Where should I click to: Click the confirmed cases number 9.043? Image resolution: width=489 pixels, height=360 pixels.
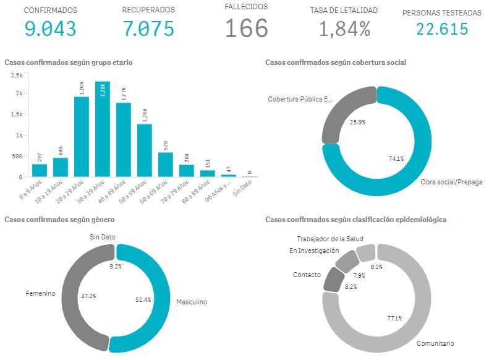pos(51,28)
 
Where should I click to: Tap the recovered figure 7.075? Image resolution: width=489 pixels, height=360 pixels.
pos(148,28)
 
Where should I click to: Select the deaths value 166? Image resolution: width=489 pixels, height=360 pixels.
pos(246,28)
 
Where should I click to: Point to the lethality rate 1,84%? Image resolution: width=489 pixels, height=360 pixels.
pos(344,28)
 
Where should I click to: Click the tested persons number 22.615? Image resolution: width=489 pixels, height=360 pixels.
pos(441,28)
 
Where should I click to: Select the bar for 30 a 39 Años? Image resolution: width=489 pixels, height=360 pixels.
pos(103,130)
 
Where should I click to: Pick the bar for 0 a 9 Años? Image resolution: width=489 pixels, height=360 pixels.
pos(40,170)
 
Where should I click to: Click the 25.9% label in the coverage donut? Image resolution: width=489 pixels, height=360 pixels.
pos(357,122)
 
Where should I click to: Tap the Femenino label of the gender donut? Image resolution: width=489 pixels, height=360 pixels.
pos(40,293)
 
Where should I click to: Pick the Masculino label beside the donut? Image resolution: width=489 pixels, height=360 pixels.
pos(192,302)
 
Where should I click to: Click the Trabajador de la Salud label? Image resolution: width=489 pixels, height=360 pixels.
pos(330,239)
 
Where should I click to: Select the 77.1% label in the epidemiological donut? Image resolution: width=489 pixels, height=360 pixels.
pos(394,319)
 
